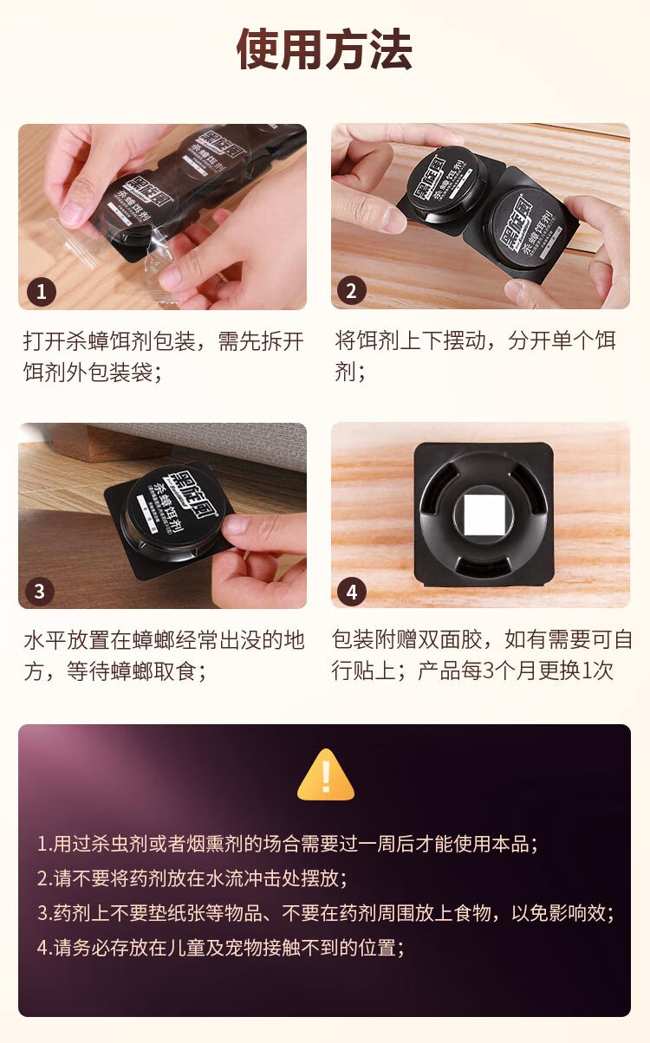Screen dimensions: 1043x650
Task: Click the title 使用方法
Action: (x=324, y=50)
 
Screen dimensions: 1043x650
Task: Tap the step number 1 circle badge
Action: (x=40, y=290)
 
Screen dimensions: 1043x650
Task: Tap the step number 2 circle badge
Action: (x=351, y=290)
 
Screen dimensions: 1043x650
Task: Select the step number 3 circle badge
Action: (x=40, y=592)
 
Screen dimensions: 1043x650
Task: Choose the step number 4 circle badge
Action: (x=351, y=592)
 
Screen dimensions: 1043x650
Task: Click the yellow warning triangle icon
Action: (x=325, y=775)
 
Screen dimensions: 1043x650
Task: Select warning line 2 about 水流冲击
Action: (x=192, y=878)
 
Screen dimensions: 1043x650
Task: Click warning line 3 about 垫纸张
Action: (x=325, y=913)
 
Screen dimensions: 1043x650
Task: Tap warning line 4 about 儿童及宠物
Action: (x=221, y=948)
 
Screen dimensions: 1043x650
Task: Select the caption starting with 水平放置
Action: (x=163, y=656)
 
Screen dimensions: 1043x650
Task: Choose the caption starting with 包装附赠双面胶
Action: (x=481, y=656)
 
